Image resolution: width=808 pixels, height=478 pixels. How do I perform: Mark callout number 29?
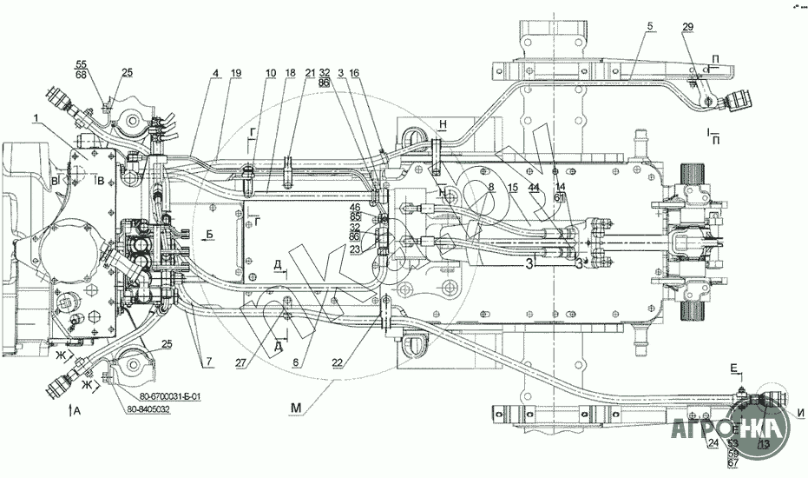pos(687,29)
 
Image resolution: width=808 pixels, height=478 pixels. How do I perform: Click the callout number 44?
pos(533,188)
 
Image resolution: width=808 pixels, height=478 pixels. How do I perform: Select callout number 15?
pos(513,188)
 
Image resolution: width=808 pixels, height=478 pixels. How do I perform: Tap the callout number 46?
pos(355,207)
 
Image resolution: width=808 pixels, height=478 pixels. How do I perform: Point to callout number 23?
pos(355,248)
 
